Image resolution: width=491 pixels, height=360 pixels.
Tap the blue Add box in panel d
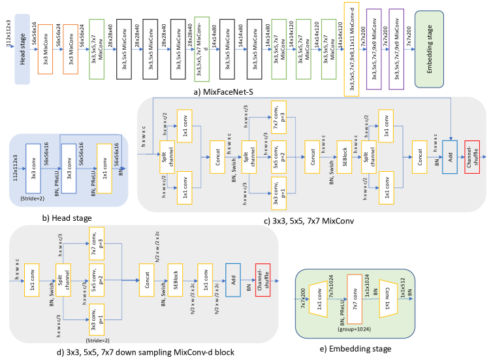pyautogui.click(x=233, y=280)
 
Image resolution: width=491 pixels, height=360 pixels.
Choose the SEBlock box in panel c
pyautogui.click(x=343, y=157)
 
